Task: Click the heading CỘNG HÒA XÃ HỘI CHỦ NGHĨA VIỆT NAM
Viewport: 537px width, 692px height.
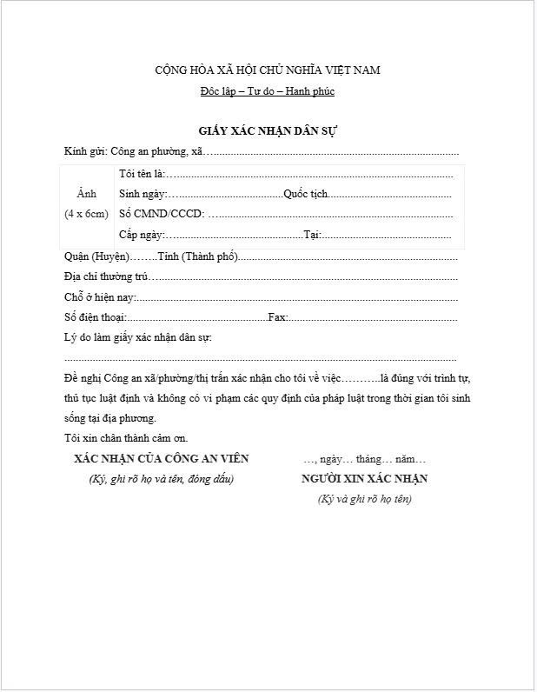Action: pos(267,70)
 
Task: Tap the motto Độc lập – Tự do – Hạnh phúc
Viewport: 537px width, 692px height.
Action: pos(267,91)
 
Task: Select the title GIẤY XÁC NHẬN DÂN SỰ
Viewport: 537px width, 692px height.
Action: pos(267,131)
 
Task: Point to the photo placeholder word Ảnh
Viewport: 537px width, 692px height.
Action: pos(86,193)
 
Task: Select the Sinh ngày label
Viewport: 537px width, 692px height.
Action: pos(142,194)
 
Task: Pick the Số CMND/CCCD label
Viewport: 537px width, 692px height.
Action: pos(162,214)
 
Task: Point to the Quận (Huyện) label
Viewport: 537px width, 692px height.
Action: pos(97,256)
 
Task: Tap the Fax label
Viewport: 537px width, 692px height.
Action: pos(277,317)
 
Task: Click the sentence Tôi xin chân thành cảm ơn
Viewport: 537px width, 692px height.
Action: pos(126,438)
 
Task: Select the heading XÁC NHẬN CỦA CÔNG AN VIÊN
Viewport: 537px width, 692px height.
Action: pos(162,459)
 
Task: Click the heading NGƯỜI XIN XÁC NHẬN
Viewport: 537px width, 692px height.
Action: pos(364,479)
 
